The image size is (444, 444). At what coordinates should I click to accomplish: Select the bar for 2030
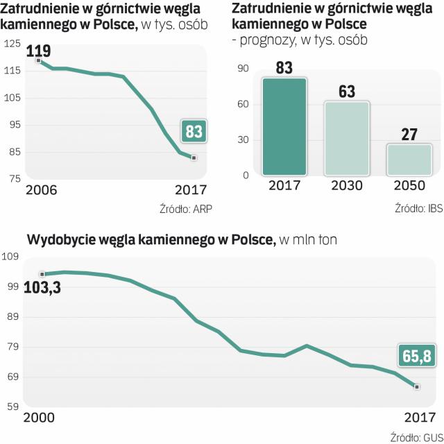[347, 139]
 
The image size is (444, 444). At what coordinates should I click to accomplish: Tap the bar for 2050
[409, 160]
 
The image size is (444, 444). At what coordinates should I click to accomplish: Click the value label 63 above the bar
[347, 92]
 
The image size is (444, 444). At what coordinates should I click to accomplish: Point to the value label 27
[409, 134]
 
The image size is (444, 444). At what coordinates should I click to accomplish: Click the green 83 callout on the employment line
[194, 132]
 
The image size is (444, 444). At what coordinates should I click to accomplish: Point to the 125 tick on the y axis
[13, 44]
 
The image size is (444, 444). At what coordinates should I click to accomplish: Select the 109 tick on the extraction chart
[13, 257]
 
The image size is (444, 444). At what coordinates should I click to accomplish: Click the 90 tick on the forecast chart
[242, 68]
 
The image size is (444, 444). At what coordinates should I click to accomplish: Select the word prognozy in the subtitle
[267, 40]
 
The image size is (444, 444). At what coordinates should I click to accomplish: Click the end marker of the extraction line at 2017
[416, 386]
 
